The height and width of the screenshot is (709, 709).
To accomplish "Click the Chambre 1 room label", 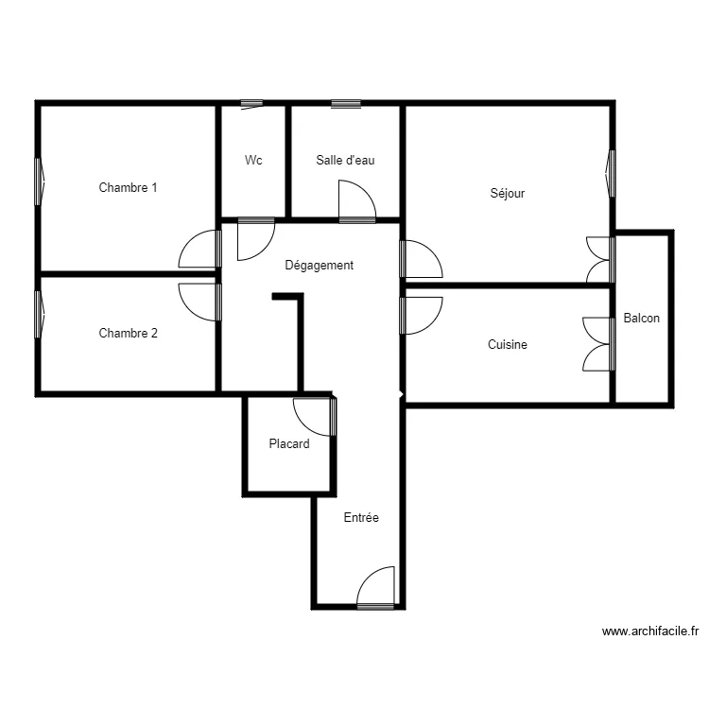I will pyautogui.click(x=128, y=187).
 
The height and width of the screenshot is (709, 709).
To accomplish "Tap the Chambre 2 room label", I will pyautogui.click(x=128, y=333).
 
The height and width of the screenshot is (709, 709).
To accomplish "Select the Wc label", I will pyautogui.click(x=253, y=160).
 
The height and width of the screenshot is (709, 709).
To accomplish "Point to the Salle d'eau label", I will pyautogui.click(x=345, y=160).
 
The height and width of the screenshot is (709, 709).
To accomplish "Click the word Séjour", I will pyautogui.click(x=507, y=193).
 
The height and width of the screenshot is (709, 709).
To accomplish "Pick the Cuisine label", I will pyautogui.click(x=507, y=345).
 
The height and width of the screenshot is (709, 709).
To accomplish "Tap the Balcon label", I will pyautogui.click(x=642, y=319).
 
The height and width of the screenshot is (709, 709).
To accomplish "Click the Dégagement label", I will pyautogui.click(x=319, y=266).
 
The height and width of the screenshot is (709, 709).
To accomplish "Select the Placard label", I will pyautogui.click(x=288, y=443).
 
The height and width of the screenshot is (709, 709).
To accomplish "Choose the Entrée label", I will pyautogui.click(x=360, y=517).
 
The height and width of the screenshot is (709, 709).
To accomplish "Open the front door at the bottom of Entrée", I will pyautogui.click(x=376, y=588).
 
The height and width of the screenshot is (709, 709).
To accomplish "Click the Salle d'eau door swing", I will pyautogui.click(x=356, y=200).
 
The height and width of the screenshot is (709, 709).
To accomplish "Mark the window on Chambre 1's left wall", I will pyautogui.click(x=40, y=181).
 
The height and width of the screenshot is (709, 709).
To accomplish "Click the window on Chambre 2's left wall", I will pyautogui.click(x=40, y=314).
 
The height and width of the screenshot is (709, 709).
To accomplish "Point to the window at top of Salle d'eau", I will pyautogui.click(x=345, y=103).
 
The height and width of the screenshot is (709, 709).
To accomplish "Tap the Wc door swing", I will pyautogui.click(x=254, y=238).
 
